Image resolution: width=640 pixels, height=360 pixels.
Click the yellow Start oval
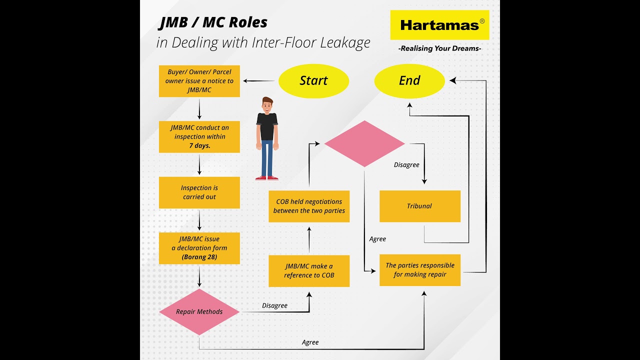click(x=313, y=81)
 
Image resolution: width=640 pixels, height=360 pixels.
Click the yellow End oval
click(x=409, y=81)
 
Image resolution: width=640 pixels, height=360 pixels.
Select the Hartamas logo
click(x=439, y=25)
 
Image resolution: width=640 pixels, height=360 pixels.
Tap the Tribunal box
click(x=419, y=206)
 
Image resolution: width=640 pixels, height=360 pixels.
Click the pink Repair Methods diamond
click(x=199, y=312)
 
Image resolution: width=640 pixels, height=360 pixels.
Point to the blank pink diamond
click(x=364, y=144)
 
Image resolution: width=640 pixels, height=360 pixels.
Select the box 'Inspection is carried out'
click(x=199, y=192)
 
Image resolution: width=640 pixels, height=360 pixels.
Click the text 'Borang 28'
click(x=199, y=257)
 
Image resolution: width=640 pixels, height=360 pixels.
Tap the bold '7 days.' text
click(x=199, y=145)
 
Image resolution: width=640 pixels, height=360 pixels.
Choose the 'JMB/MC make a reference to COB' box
click(x=308, y=271)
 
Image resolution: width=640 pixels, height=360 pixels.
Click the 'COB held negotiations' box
click(x=308, y=206)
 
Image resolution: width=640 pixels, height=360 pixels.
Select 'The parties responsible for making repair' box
click(x=419, y=270)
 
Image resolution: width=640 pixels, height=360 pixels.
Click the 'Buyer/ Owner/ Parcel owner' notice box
click(x=199, y=81)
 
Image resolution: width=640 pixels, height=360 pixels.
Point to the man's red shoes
click(x=266, y=177)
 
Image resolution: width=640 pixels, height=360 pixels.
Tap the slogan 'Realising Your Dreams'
click(x=439, y=48)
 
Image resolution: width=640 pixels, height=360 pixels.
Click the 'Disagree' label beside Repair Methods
click(x=274, y=305)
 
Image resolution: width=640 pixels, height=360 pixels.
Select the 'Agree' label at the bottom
click(x=310, y=342)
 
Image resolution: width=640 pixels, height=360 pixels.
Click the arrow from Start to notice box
click(x=259, y=81)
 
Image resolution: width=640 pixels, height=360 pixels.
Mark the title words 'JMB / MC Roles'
click(x=213, y=22)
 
